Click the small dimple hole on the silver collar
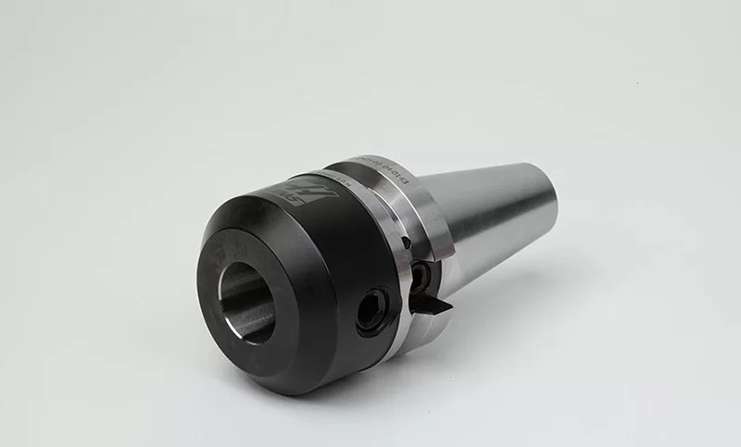[405, 242]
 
